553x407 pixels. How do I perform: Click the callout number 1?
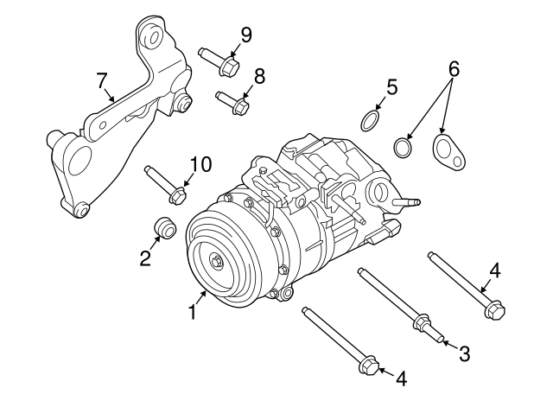coord(193,312)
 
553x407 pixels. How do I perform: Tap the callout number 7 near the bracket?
coord(102,81)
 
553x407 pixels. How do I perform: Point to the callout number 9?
coord(246,35)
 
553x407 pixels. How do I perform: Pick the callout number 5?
coord(391,86)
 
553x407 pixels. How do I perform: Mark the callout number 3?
coord(464,353)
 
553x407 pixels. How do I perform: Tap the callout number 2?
coord(145,257)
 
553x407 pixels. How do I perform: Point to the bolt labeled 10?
coord(164,182)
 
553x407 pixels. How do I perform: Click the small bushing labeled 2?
coord(163,227)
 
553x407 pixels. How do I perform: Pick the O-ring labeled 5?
coord(370,120)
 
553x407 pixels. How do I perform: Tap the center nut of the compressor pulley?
coord(216,261)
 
